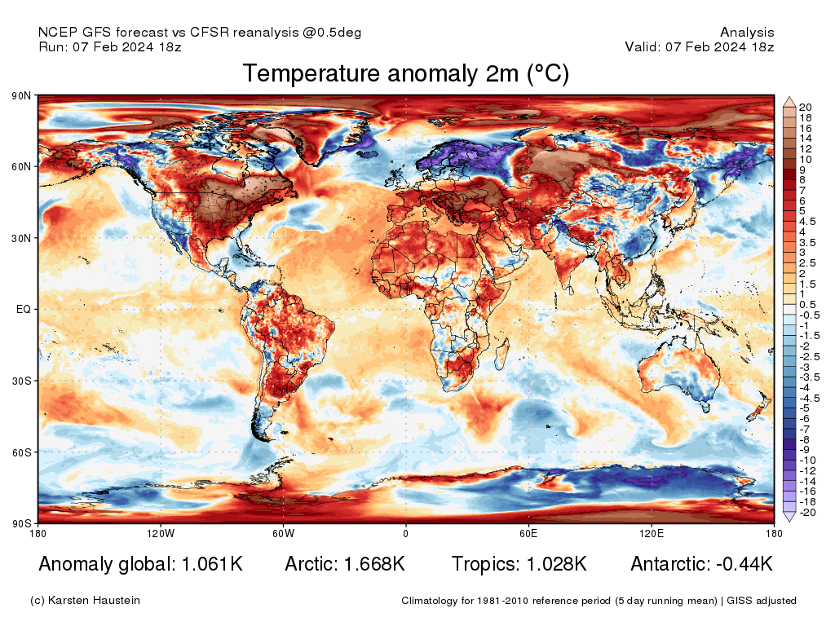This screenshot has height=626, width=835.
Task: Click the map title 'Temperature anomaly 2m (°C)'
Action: [x=405, y=73]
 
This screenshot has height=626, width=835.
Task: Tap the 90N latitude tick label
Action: [x=21, y=96]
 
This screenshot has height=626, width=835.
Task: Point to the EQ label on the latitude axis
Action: [x=24, y=310]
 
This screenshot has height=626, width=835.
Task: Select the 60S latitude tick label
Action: [x=21, y=452]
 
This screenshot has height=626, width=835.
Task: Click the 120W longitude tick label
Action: [x=161, y=534]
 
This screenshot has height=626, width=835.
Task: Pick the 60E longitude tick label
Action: [x=528, y=534]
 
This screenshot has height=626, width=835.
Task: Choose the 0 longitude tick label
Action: [x=405, y=534]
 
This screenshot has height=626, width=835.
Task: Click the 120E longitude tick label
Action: [x=651, y=534]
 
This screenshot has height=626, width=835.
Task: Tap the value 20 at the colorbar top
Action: [x=806, y=108]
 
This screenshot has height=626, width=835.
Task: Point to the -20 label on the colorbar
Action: [x=807, y=513]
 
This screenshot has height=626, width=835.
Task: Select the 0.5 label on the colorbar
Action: [x=807, y=304]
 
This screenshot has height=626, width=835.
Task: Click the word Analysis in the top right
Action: [x=747, y=33]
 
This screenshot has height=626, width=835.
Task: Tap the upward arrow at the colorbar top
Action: [x=789, y=102]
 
